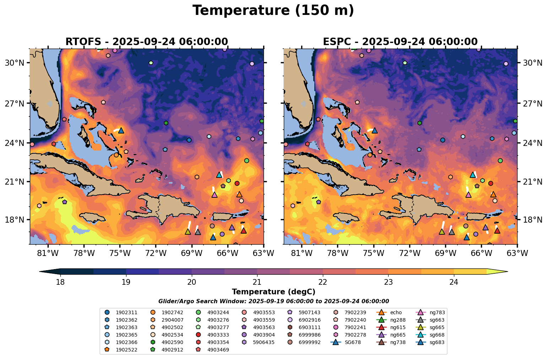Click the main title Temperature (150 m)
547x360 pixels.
[273, 11]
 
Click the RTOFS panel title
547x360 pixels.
[146, 42]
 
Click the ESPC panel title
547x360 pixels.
[400, 42]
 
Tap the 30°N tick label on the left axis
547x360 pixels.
[14, 63]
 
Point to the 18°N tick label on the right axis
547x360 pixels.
[532, 220]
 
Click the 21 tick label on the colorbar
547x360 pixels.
[257, 282]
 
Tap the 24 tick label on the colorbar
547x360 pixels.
[454, 282]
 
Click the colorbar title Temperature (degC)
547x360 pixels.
[273, 292]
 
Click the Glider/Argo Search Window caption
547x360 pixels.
[273, 301]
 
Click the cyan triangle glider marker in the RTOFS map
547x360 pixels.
[219, 175]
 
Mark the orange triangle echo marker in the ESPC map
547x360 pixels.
[493, 195]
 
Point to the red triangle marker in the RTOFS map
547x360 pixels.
[244, 231]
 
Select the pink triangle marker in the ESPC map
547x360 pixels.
[468, 195]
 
